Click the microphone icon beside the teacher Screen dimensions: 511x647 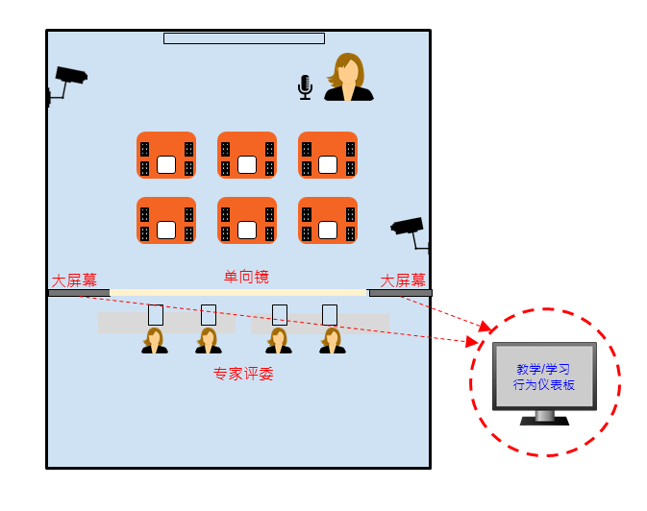click(305, 87)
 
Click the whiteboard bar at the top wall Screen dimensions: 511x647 click(243, 38)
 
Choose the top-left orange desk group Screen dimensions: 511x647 click(166, 156)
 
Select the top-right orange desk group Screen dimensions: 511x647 click(328, 156)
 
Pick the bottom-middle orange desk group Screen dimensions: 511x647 click(247, 221)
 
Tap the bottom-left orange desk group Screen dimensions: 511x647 click(166, 221)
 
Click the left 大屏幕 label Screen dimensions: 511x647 click(74, 280)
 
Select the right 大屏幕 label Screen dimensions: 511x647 click(403, 280)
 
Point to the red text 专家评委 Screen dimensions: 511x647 click(243, 374)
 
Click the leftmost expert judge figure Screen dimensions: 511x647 click(155, 341)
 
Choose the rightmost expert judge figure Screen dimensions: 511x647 click(332, 341)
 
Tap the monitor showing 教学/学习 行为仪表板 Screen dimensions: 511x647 click(544, 376)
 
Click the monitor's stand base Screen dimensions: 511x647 click(544, 420)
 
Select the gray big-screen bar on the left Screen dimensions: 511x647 click(79, 293)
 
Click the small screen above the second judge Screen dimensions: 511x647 click(209, 315)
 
